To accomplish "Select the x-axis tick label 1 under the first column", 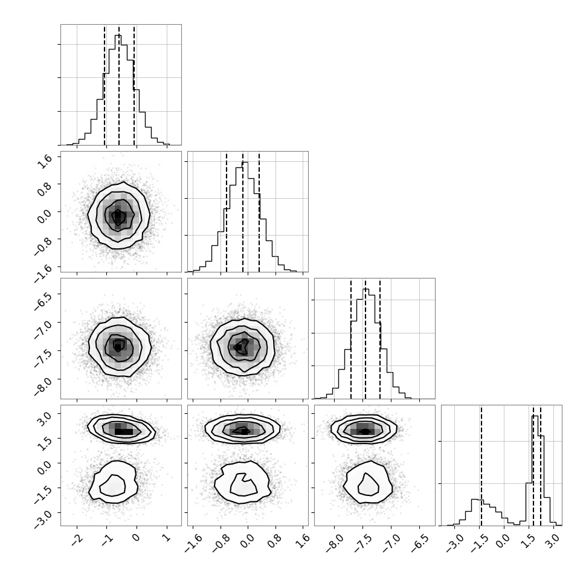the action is pos(167,538).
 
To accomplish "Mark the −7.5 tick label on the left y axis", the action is pos(43,354).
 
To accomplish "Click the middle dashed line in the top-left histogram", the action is pos(119,85).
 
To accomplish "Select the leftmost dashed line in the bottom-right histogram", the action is pos(481,465).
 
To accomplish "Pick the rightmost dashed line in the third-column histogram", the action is pos(380,338).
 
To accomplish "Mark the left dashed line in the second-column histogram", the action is pos(227,211).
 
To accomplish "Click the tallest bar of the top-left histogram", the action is pos(118,89).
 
